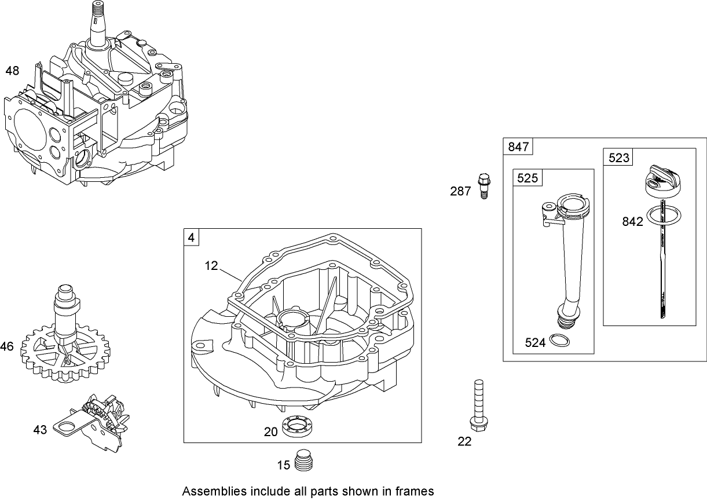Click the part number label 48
pos(12,71)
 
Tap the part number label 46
pos(7,347)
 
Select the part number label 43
pos(40,430)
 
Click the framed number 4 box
pos(192,237)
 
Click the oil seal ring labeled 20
pos(299,429)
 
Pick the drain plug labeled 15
pos(303,461)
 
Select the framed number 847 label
pos(518,147)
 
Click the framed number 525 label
pos(527,178)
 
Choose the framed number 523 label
pos(618,158)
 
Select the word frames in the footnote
pos(415,491)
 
